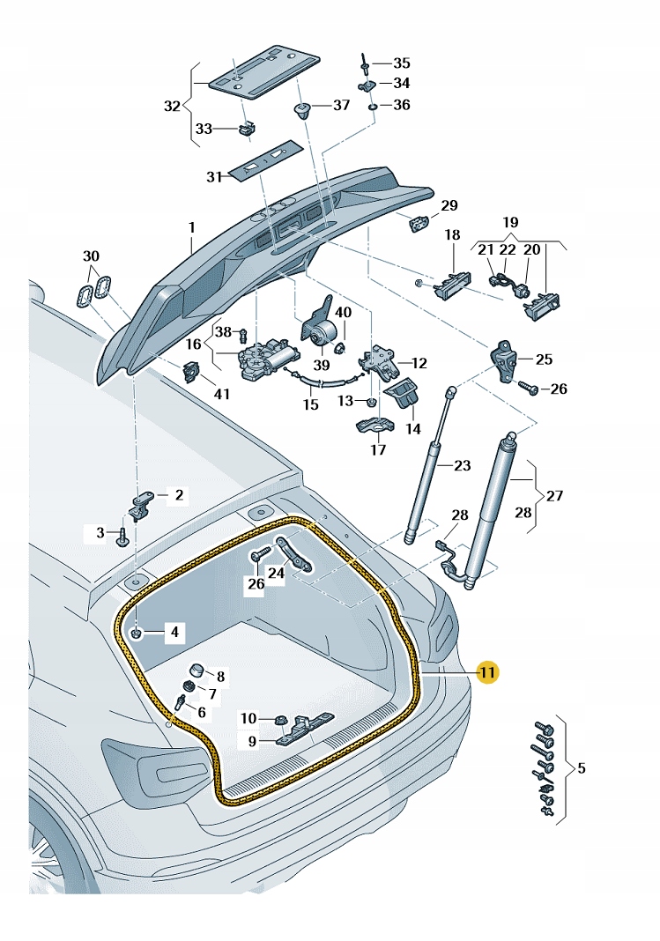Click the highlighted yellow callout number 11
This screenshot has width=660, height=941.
(x=488, y=673)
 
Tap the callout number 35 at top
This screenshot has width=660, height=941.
(x=402, y=63)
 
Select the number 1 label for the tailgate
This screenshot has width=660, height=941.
(x=191, y=227)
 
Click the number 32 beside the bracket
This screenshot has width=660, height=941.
(x=172, y=107)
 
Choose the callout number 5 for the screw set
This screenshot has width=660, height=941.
(x=581, y=768)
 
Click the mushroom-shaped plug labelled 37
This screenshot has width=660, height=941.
(x=302, y=111)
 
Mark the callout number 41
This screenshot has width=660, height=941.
(x=222, y=394)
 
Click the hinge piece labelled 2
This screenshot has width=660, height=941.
(x=144, y=503)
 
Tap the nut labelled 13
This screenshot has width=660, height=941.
(x=372, y=402)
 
